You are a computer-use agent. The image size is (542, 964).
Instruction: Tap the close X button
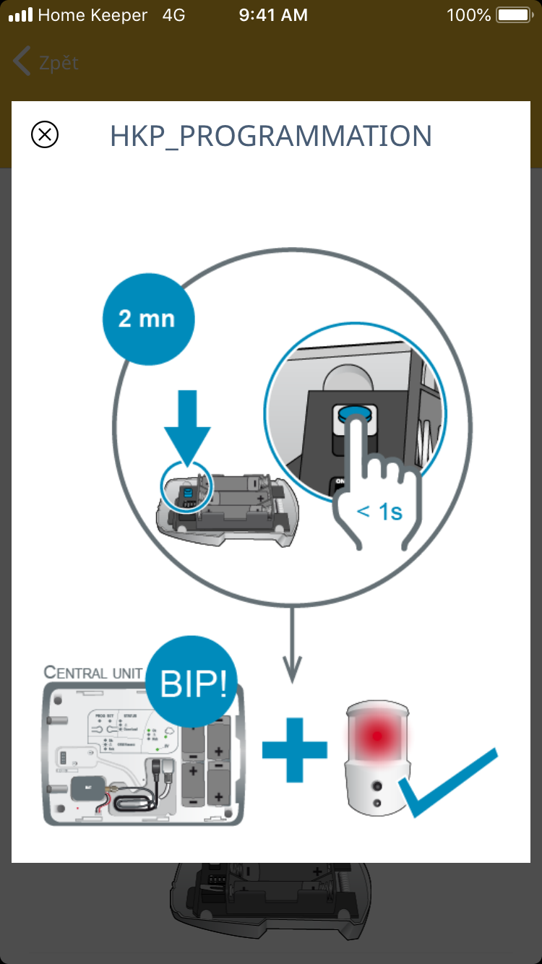click(x=45, y=135)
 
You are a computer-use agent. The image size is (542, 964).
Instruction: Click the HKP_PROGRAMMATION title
click(x=271, y=136)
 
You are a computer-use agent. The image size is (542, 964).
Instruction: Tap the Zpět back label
click(x=59, y=63)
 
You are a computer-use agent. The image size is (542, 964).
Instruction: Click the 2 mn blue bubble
click(x=147, y=319)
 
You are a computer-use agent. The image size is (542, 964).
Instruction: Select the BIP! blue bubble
click(x=192, y=682)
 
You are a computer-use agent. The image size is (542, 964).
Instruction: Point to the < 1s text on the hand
click(x=379, y=512)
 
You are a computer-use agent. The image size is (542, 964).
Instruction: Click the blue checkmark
click(x=448, y=784)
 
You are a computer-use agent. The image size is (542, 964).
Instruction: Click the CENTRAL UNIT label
click(x=93, y=673)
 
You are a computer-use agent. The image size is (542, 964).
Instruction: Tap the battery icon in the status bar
click(x=514, y=14)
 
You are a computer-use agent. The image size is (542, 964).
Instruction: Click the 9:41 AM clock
click(x=273, y=14)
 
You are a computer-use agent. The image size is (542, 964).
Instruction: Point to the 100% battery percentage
click(x=468, y=14)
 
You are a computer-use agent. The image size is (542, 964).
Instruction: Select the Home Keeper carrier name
click(x=93, y=14)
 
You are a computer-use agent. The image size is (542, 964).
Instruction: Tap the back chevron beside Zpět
click(x=22, y=62)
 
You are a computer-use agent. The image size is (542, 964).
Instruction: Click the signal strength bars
click(x=20, y=14)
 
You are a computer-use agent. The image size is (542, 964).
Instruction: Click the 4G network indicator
click(x=173, y=14)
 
